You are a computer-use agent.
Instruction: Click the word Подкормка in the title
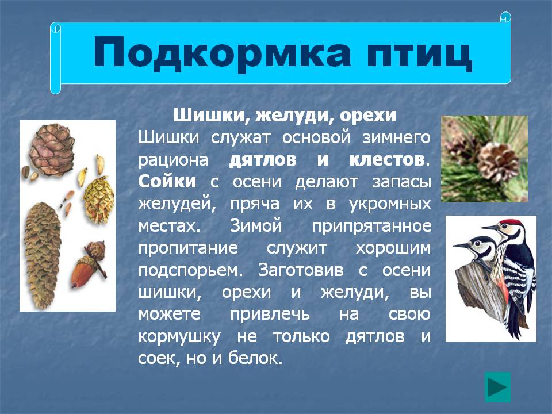point(222,53)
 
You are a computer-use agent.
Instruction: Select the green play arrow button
point(497,387)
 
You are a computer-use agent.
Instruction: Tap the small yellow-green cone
point(98,200)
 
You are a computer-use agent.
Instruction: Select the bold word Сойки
point(167,182)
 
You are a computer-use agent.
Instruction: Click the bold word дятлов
point(263,160)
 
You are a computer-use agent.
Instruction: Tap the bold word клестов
point(386,160)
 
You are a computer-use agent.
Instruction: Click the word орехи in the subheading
point(368,116)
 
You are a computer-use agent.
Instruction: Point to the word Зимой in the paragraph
point(255,225)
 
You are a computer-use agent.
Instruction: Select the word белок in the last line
point(254,358)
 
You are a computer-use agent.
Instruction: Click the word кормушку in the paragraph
point(179,337)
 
